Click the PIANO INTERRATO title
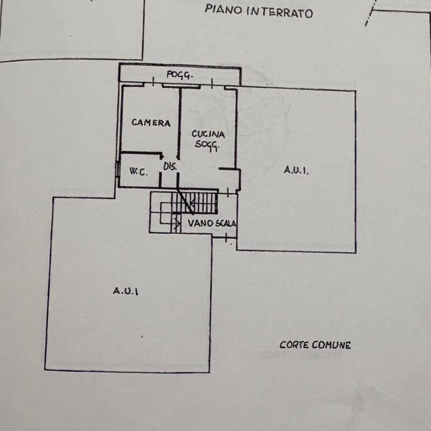pos(259,11)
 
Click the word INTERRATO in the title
pos(279,12)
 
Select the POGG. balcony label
pos(179,76)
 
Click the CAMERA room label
pos(151,123)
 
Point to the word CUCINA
pos(208,135)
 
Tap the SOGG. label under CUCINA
pos(206,145)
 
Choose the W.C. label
pos(138,172)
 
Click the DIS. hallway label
pos(170,167)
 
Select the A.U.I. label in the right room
pos(296,171)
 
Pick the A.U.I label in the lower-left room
pos(126,291)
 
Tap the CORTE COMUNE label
pos(315,345)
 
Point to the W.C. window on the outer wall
pos(117,168)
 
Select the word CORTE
pos(293,345)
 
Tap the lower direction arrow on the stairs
pos(177,221)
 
